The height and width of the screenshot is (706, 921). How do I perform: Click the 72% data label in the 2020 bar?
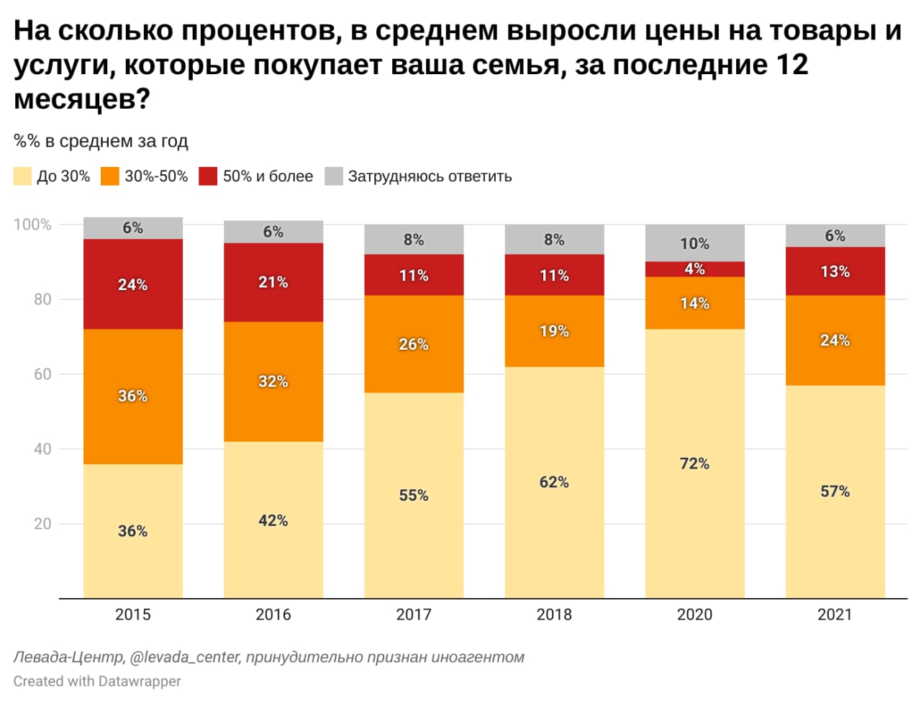pyautogui.click(x=694, y=463)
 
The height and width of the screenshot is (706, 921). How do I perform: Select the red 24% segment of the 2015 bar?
pyautogui.click(x=132, y=284)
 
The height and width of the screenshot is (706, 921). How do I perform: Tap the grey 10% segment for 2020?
pyautogui.click(x=694, y=243)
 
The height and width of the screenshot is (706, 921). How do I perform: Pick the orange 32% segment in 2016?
pyautogui.click(x=273, y=381)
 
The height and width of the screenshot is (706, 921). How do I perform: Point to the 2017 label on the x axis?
pyautogui.click(x=413, y=615)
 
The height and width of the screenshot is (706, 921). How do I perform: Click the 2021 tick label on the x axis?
pyautogui.click(x=835, y=615)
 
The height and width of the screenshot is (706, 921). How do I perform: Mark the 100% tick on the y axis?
pyautogui.click(x=32, y=225)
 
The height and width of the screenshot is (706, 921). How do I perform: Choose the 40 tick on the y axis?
pyautogui.click(x=42, y=449)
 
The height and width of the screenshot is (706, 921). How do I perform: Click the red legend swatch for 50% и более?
pyautogui.click(x=208, y=176)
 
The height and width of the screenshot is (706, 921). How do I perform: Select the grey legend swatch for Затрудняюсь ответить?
pyautogui.click(x=334, y=176)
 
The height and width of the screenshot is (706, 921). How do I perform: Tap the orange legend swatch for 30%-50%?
pyautogui.click(x=110, y=176)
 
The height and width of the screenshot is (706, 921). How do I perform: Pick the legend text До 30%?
pyautogui.click(x=63, y=176)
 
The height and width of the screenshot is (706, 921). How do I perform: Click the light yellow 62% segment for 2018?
pyautogui.click(x=554, y=482)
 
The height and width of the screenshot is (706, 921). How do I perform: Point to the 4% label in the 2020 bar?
pyautogui.click(x=694, y=269)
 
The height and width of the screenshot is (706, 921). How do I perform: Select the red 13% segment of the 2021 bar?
pyautogui.click(x=835, y=271)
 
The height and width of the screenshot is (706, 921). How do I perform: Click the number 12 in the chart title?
pyautogui.click(x=791, y=65)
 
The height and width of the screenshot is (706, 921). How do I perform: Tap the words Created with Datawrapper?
pyautogui.click(x=97, y=681)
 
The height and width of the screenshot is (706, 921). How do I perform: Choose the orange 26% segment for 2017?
pyautogui.click(x=413, y=344)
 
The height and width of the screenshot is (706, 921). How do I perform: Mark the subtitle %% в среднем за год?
pyautogui.click(x=101, y=141)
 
